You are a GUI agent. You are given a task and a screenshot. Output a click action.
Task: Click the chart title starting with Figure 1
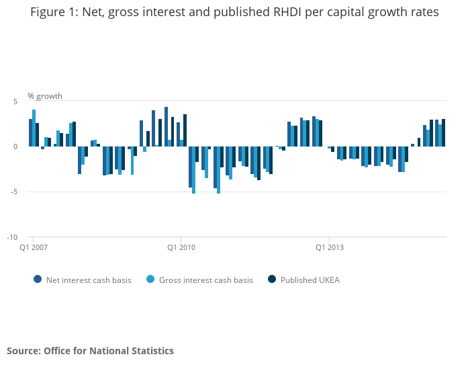pyautogui.click(x=234, y=13)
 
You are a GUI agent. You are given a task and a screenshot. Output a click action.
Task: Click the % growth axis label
pyautogui.click(x=45, y=96)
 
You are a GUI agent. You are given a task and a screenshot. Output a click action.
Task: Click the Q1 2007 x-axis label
pyautogui.click(x=33, y=247)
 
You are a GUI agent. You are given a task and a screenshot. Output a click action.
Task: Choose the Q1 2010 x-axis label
pyautogui.click(x=181, y=247)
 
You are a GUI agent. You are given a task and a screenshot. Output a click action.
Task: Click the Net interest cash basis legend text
pyautogui.click(x=89, y=280)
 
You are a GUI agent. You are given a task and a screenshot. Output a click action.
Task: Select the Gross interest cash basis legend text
pyautogui.click(x=205, y=280)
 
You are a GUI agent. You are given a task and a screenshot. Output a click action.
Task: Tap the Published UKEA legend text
pyautogui.click(x=310, y=280)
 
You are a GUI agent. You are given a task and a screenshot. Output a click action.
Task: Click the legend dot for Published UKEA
pyautogui.click(x=272, y=280)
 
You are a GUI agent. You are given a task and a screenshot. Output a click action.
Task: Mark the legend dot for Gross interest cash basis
pyautogui.click(x=150, y=280)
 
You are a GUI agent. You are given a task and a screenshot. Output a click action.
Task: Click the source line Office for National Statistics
pyautogui.click(x=90, y=351)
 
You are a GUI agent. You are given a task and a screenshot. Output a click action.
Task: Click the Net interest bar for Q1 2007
pyautogui.click(x=30, y=132)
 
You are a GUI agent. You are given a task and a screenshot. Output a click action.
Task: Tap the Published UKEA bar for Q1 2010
pyautogui.click(x=185, y=130)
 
